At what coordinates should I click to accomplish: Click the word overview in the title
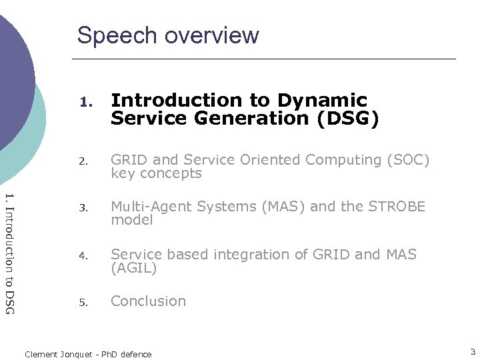[212, 35]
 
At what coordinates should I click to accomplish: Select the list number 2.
[83, 161]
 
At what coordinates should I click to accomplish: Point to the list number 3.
[83, 207]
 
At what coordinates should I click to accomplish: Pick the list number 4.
[83, 255]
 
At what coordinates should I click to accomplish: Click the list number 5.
[83, 302]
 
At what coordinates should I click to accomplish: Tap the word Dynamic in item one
[322, 101]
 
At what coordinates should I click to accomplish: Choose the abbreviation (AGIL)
[134, 268]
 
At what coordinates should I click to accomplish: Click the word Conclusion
[148, 301]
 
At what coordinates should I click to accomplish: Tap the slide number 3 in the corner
[472, 351]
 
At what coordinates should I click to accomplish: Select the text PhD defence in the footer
[129, 355]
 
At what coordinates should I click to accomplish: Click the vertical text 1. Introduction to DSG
[9, 253]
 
